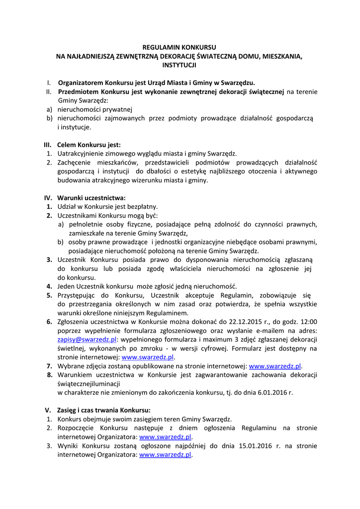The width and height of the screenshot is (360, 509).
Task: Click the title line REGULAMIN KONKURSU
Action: point(180,47)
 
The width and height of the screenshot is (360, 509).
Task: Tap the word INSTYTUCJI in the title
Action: point(180,65)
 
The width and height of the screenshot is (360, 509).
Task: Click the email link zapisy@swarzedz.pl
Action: point(87,339)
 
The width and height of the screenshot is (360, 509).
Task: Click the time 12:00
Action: point(308,322)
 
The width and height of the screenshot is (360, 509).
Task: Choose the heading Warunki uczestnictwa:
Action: point(91,198)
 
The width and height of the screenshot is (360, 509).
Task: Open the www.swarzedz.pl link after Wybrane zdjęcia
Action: point(275,366)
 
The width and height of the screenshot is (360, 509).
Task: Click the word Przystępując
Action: point(78,295)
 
